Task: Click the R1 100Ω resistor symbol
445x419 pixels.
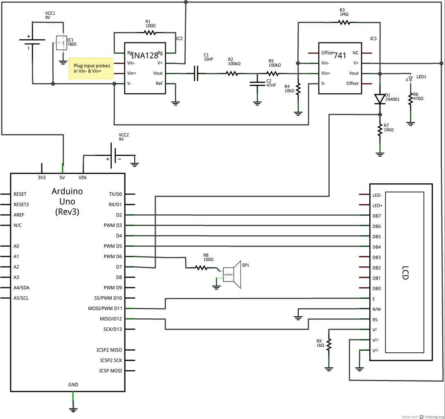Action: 150,32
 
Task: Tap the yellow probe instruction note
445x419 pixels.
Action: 90,68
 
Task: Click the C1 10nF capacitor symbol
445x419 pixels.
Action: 196,73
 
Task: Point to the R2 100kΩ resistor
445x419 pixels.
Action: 232,73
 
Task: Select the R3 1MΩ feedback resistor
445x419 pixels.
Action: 344,23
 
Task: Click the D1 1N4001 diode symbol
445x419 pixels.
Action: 380,99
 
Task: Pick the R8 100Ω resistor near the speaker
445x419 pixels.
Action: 201,268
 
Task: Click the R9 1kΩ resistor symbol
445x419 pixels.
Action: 328,343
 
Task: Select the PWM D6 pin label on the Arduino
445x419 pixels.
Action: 112,257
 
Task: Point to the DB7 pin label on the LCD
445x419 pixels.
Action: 376,216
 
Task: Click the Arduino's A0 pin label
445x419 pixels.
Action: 16,246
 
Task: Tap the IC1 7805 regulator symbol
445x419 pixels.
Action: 61,43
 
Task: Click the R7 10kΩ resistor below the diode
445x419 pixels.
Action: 380,129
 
